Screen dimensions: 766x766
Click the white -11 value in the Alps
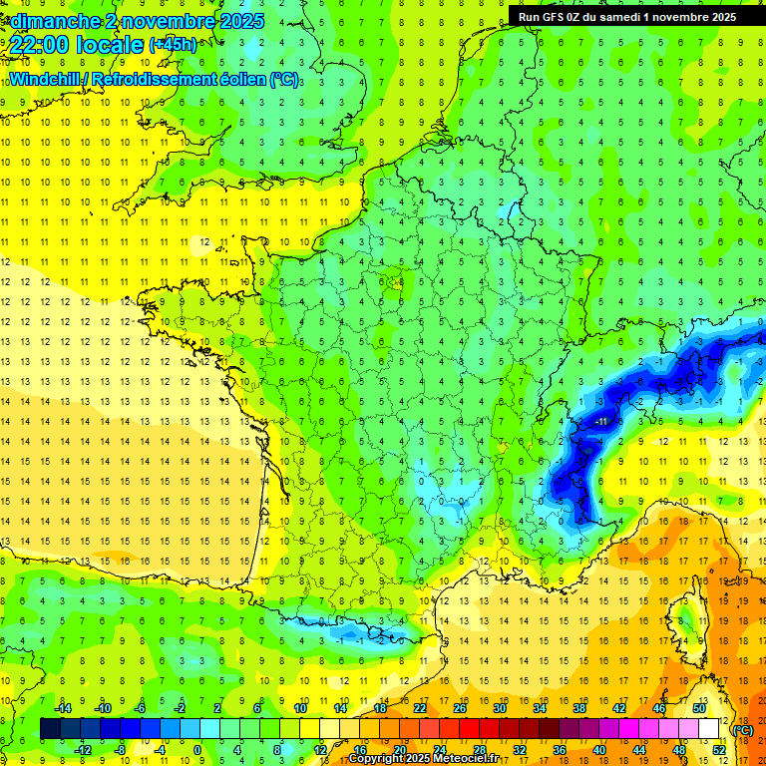tap(601, 422)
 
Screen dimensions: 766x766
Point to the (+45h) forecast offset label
tap(173, 44)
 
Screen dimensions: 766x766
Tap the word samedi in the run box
tap(618, 16)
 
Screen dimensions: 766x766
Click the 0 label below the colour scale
tap(196, 749)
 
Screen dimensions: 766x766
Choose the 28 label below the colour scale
tap(480, 749)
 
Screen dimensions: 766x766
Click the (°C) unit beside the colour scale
tap(742, 730)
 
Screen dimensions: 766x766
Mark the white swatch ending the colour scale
tap(709, 729)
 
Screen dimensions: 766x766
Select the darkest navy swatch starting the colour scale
tap(50, 729)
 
